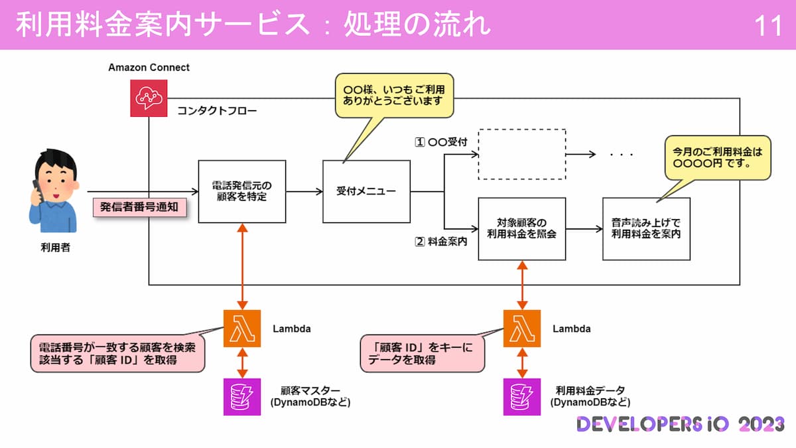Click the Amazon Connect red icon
coord(149,99)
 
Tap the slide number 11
coord(769,25)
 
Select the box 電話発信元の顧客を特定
coord(242,191)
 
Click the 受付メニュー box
coord(366,191)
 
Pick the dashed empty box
coord(522,154)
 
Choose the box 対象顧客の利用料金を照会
coord(522,228)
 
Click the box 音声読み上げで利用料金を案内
coord(646,228)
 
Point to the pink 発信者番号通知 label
coord(139,207)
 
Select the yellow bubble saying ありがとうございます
coord(393,95)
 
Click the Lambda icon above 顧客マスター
coord(242,329)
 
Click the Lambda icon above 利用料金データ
coord(522,329)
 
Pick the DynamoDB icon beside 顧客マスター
coord(242,396)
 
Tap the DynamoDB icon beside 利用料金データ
coord(522,396)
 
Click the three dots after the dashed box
coord(622,155)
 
